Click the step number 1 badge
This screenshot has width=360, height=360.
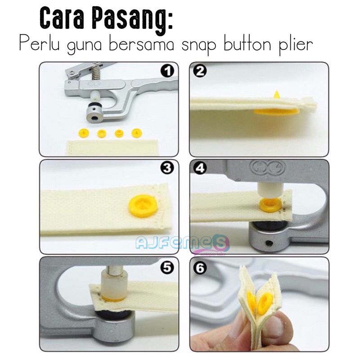[x=167, y=71]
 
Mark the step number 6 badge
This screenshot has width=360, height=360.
[x=200, y=268]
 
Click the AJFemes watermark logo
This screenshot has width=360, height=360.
[x=182, y=244]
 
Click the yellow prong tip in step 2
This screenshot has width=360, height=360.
[x=277, y=94]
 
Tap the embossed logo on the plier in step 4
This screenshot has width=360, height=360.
[x=267, y=166]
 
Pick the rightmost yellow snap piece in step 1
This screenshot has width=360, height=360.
[x=137, y=133]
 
